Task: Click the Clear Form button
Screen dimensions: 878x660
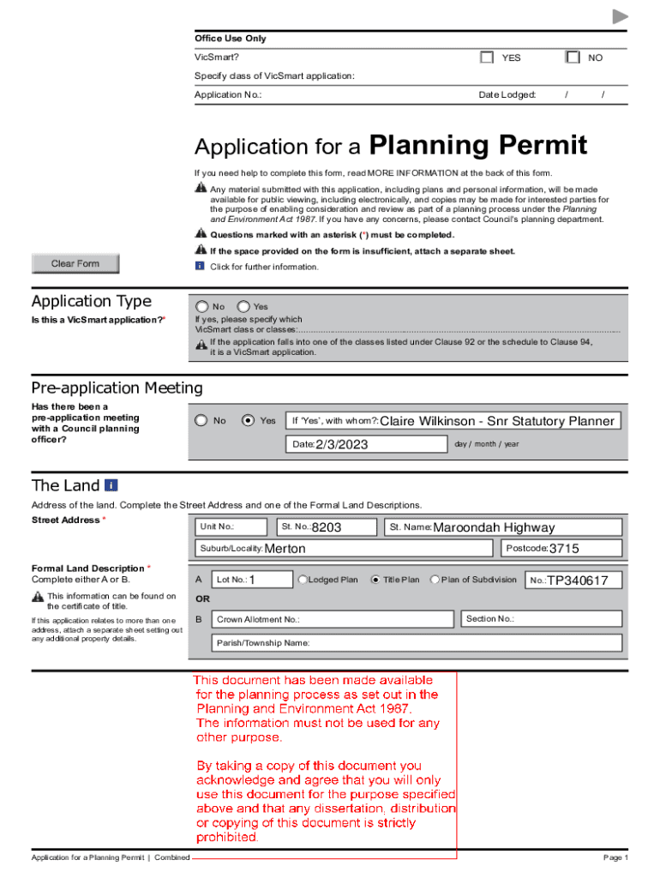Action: (75, 264)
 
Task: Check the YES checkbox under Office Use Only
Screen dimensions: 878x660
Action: (487, 57)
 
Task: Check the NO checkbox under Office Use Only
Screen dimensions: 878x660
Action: (573, 57)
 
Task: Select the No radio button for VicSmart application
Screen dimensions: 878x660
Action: (201, 306)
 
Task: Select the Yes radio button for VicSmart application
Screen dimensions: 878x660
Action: (243, 306)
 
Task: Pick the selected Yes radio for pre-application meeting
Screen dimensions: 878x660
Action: (249, 421)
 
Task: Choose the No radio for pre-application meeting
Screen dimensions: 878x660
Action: (201, 421)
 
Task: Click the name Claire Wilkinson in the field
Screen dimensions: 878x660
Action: (429, 421)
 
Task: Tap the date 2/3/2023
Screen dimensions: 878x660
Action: (341, 444)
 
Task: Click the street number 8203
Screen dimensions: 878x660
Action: (327, 527)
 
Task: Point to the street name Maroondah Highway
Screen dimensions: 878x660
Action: (494, 527)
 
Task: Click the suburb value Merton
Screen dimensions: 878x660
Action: (285, 549)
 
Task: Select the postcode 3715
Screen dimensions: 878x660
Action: (564, 549)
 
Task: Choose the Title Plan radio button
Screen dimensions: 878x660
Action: (375, 580)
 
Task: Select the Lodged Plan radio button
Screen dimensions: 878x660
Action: (303, 580)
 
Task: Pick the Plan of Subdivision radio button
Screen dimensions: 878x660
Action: (435, 580)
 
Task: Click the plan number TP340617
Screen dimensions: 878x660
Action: (578, 580)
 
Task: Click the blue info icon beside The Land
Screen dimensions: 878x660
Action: (111, 485)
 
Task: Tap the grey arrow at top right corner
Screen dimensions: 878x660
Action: (620, 17)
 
